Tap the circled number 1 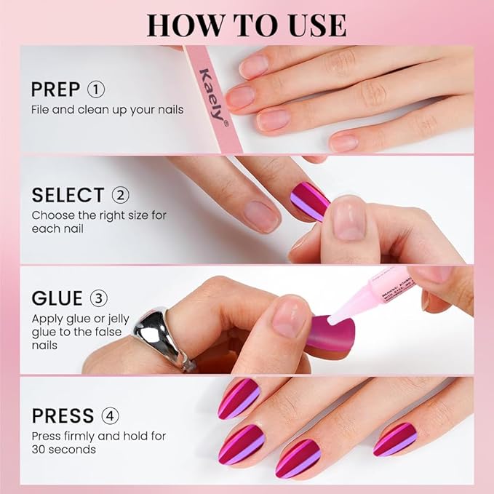click(96, 90)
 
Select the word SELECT click(68, 195)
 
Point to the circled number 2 click(120, 195)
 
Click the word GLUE click(57, 299)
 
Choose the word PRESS click(63, 416)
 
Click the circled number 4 click(111, 416)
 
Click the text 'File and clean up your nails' click(107, 110)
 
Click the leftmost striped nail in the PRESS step click(239, 398)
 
